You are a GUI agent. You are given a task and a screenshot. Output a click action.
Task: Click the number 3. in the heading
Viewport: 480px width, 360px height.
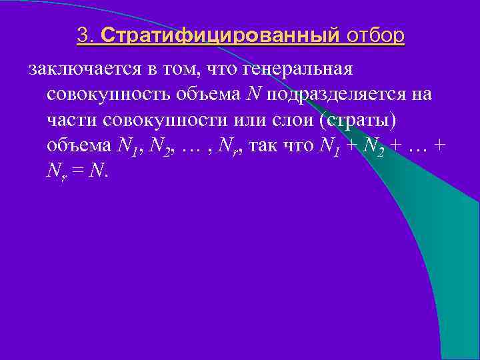[x=87, y=35]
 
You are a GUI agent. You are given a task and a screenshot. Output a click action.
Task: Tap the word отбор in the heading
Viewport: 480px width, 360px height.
[x=375, y=35]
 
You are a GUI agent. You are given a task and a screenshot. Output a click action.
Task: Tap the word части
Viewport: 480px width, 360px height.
[x=68, y=121]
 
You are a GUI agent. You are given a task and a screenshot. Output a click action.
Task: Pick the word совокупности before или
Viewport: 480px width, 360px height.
[x=156, y=121]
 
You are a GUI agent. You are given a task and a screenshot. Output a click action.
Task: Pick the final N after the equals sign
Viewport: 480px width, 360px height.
[x=97, y=172]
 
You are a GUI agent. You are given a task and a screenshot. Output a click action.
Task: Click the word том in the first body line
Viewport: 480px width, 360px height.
[x=174, y=69]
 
